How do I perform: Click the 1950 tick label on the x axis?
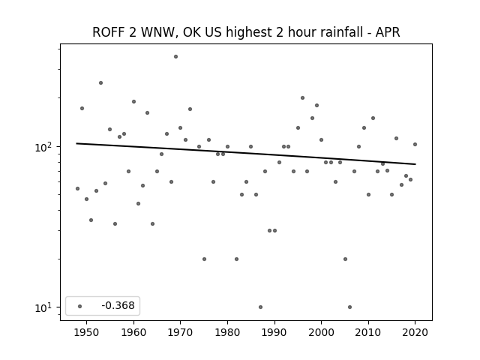pyautogui.click(x=87, y=332)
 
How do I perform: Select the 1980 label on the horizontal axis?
pyautogui.click(x=227, y=332)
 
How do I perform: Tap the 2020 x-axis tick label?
pyautogui.click(x=415, y=332)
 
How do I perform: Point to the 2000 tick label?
pyautogui.click(x=322, y=332)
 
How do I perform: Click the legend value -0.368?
pyautogui.click(x=118, y=305)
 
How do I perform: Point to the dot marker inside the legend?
pyautogui.click(x=80, y=306)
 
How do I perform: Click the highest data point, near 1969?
pyautogui.click(x=175, y=57)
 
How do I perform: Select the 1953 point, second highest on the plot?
pyautogui.click(x=100, y=83)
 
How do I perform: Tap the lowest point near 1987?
pyautogui.click(x=260, y=307)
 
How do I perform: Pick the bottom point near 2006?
pyautogui.click(x=350, y=307)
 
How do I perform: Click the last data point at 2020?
pyautogui.click(x=415, y=145)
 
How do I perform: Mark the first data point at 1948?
pyautogui.click(x=77, y=188)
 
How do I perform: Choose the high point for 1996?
pyautogui.click(x=302, y=98)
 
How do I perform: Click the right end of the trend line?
pyautogui.click(x=415, y=164)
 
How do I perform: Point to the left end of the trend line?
pyautogui.click(x=76, y=143)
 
